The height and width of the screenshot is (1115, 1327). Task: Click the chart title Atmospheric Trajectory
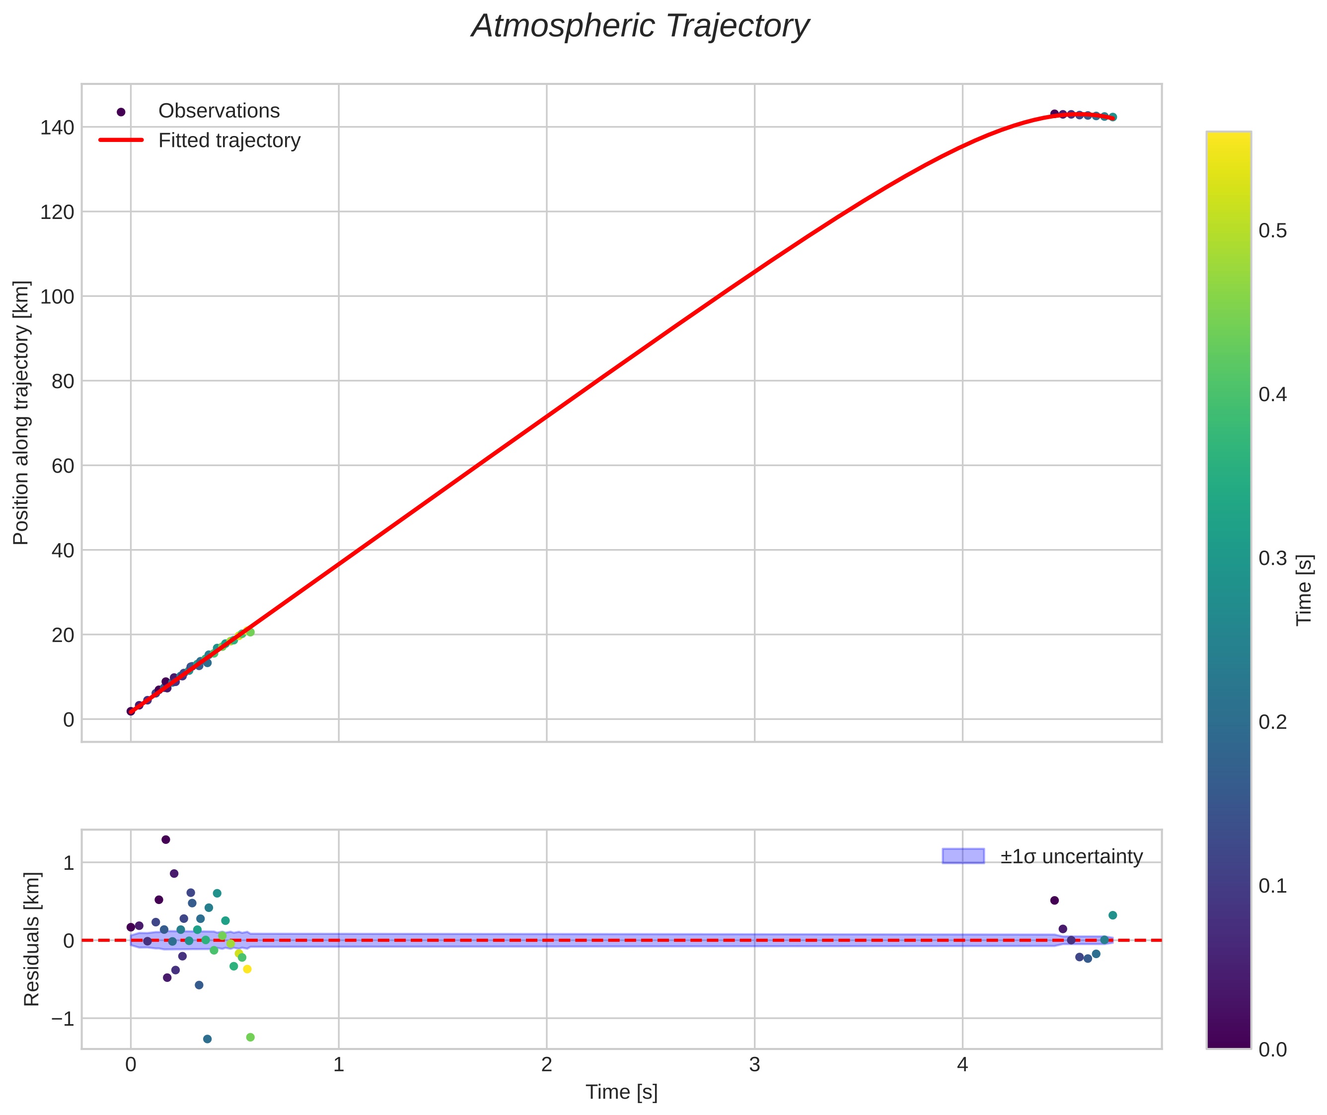640,26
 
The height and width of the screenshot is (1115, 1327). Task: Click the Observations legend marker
121,112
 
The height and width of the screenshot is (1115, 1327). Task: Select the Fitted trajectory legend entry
229,140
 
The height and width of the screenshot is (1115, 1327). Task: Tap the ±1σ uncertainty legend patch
963,856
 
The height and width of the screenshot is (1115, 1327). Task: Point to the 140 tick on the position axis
57,128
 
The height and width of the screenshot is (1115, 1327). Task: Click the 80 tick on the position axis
63,381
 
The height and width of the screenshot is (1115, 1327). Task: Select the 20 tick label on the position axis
63,634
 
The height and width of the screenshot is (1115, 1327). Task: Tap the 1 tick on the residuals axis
68,862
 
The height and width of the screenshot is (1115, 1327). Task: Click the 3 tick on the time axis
754,1064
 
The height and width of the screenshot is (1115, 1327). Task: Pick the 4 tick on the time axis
962,1064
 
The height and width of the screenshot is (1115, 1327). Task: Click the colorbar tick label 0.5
1272,231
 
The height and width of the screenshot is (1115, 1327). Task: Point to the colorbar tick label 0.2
1272,722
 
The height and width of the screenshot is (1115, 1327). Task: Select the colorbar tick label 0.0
1272,1049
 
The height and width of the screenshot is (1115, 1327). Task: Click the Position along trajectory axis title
21,412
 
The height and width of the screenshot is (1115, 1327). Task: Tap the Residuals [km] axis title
32,939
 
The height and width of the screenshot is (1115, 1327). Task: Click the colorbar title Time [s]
1304,590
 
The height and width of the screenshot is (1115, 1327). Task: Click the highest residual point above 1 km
166,839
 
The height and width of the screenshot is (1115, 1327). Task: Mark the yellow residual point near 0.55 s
247,969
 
